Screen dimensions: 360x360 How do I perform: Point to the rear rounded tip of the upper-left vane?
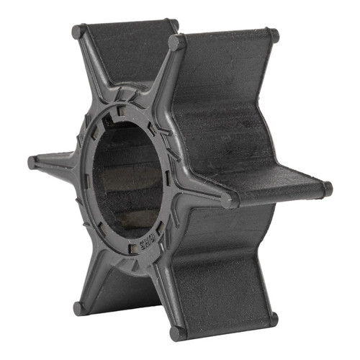click(x=172, y=25)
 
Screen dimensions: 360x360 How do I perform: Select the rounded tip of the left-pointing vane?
click(x=33, y=162)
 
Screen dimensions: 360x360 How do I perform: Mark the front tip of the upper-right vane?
click(x=176, y=42)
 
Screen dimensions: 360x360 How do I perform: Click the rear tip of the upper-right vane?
click(x=271, y=34)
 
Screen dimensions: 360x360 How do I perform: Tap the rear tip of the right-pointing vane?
click(x=328, y=189)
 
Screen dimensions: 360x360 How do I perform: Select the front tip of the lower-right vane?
click(x=176, y=333)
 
